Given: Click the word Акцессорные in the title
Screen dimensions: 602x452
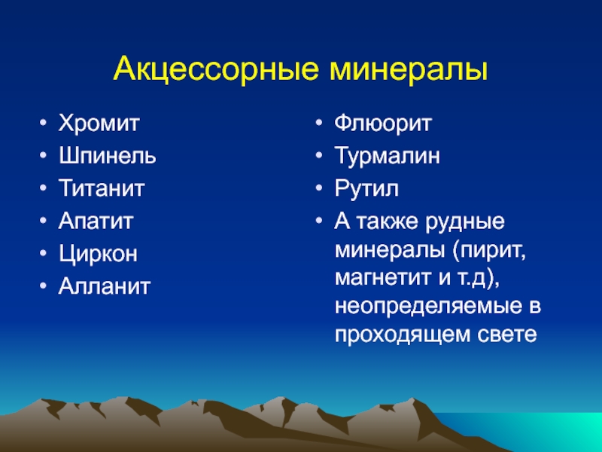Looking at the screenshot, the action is pos(216,69).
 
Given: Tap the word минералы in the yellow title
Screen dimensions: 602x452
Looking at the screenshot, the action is pos(409,69).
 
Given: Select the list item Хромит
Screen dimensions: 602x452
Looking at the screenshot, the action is pos(99,124).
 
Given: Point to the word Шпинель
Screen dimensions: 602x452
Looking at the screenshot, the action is pos(108,156).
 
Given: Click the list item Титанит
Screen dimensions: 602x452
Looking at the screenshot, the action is pos(102,188).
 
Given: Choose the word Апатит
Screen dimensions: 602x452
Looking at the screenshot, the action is pos(96,221).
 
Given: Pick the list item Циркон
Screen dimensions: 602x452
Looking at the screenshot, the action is pos(98,254).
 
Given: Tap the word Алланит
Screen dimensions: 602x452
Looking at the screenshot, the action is pos(105,286).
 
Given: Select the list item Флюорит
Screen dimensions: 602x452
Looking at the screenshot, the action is pos(383,124).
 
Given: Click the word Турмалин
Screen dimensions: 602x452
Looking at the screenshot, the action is pos(388,156).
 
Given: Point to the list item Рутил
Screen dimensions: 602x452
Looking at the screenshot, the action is pos(366,189).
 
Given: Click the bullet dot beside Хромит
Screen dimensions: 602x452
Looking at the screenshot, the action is pos(44,124).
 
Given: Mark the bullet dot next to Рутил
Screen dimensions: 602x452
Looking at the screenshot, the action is pos(318,189).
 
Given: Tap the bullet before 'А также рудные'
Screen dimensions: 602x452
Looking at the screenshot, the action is pos(318,221).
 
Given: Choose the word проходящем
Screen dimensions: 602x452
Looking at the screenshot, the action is pos(403,334).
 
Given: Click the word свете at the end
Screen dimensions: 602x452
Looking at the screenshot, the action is pos(507,334).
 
